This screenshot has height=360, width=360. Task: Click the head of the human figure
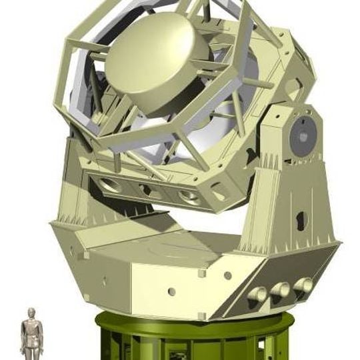pos(31,313)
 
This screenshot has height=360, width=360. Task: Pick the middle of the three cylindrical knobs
pos(280,289)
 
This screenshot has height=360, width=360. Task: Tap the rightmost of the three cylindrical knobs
pos(303,285)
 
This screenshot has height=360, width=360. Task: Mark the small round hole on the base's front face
pos(171,291)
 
